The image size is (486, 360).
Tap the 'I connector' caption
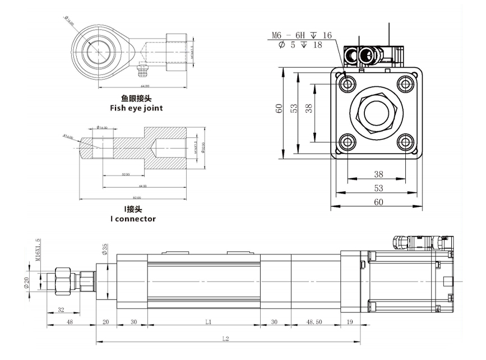[132, 219]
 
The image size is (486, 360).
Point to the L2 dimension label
[225, 339]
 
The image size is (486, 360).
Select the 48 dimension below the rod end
[70, 322]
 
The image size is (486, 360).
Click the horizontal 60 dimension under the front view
[378, 202]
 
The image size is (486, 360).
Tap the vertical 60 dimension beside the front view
[279, 112]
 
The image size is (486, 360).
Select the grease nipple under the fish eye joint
[143, 72]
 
